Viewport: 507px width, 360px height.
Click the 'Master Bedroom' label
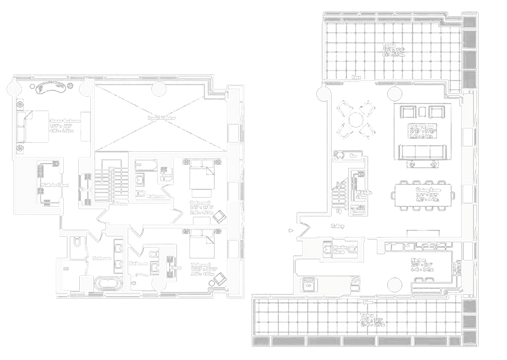(x=65, y=121)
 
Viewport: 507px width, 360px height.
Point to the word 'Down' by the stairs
(x=121, y=204)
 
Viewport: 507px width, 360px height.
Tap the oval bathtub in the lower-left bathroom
(x=108, y=284)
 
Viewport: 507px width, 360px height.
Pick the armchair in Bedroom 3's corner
(x=219, y=279)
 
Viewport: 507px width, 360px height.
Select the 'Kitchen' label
(x=416, y=260)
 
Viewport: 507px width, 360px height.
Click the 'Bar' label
(x=353, y=156)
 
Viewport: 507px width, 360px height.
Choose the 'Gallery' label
(x=337, y=226)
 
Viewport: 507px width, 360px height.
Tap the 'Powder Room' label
(x=339, y=249)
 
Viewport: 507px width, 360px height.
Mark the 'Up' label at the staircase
(x=339, y=211)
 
